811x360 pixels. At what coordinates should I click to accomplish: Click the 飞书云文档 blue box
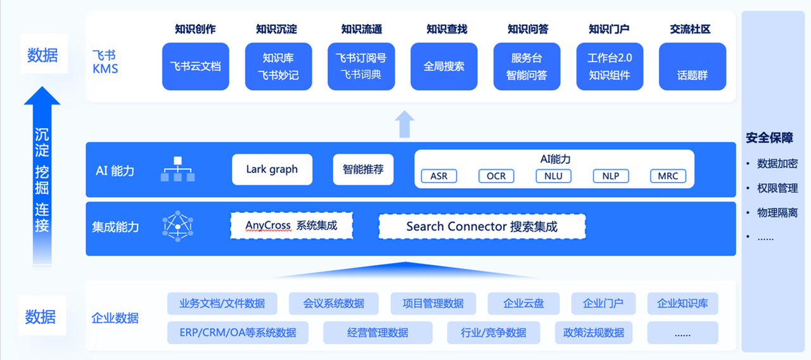[195, 66]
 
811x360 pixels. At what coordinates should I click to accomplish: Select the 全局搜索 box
[444, 66]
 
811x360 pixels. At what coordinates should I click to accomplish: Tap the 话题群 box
[692, 67]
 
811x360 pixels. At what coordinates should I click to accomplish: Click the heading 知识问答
[527, 29]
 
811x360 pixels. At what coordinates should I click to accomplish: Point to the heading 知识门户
[608, 29]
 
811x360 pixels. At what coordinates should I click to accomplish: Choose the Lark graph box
[272, 169]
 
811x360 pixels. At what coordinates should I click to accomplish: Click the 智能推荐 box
[363, 169]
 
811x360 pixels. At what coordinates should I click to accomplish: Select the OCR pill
[496, 176]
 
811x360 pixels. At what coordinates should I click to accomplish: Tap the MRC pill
[668, 176]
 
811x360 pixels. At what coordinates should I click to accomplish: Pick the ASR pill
[439, 176]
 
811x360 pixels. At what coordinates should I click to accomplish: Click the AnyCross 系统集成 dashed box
[291, 226]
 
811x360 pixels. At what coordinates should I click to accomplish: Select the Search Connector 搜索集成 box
[482, 226]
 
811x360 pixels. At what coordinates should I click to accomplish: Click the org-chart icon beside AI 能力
[177, 169]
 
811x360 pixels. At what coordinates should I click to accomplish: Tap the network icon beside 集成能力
[177, 226]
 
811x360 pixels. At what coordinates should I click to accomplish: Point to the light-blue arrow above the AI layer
[404, 124]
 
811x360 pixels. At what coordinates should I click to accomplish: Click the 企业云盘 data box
[523, 304]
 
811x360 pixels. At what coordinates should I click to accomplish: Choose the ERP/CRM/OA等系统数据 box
[238, 333]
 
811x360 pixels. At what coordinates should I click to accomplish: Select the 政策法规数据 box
[594, 333]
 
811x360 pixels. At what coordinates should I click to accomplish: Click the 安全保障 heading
[769, 138]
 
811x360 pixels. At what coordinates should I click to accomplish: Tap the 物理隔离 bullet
[777, 213]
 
